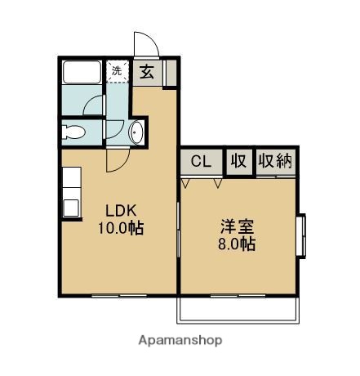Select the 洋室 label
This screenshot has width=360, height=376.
(x=235, y=226)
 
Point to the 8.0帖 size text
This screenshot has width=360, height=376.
(x=235, y=244)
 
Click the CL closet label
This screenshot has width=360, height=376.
(x=202, y=161)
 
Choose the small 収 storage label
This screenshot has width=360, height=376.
(x=238, y=161)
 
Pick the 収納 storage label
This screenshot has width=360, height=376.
(x=275, y=161)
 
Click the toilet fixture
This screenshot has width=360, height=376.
(x=74, y=131)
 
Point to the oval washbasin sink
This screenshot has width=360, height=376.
(x=136, y=132)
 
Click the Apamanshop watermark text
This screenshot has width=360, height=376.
(x=179, y=339)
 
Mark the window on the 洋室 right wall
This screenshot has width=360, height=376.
(x=300, y=235)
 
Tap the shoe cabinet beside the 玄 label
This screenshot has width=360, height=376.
(x=170, y=73)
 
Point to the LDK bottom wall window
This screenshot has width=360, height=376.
(x=114, y=293)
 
